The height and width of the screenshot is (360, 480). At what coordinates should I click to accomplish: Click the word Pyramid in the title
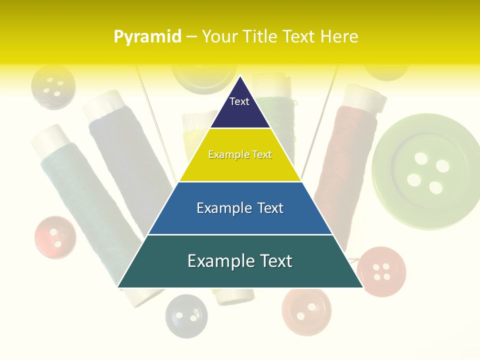[147, 37]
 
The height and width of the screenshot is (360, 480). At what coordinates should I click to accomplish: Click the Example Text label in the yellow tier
[240, 155]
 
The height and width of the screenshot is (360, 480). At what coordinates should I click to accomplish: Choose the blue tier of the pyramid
[240, 208]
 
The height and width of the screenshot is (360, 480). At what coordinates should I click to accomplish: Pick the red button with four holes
[382, 271]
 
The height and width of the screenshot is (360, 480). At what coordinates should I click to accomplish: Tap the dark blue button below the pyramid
[186, 315]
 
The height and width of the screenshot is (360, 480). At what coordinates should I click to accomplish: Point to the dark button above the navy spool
[53, 87]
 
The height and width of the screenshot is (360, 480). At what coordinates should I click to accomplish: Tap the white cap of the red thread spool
[366, 98]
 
